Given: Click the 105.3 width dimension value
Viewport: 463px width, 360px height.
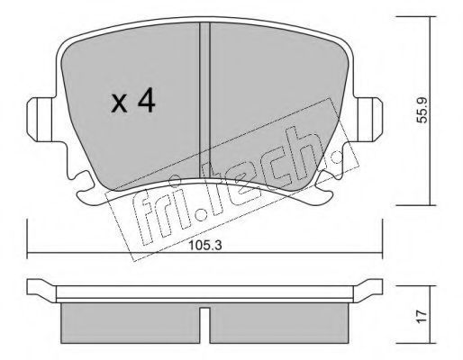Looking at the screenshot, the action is tap(205, 246).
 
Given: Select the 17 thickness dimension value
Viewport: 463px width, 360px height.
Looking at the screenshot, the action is tap(422, 317).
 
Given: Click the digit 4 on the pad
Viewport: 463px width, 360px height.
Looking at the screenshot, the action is tap(147, 102).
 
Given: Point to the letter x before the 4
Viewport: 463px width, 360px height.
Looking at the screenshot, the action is tap(119, 103).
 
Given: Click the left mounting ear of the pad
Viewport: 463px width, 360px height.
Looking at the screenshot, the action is tap(41, 120).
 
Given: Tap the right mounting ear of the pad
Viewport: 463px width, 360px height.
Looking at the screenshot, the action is tap(368, 119).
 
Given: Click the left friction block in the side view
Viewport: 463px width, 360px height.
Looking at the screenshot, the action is tap(131, 323).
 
